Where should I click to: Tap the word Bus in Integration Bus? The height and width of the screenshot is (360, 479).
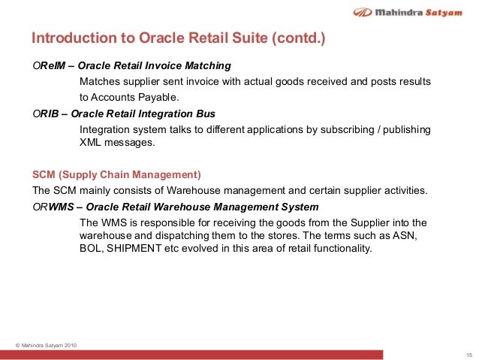206,113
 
